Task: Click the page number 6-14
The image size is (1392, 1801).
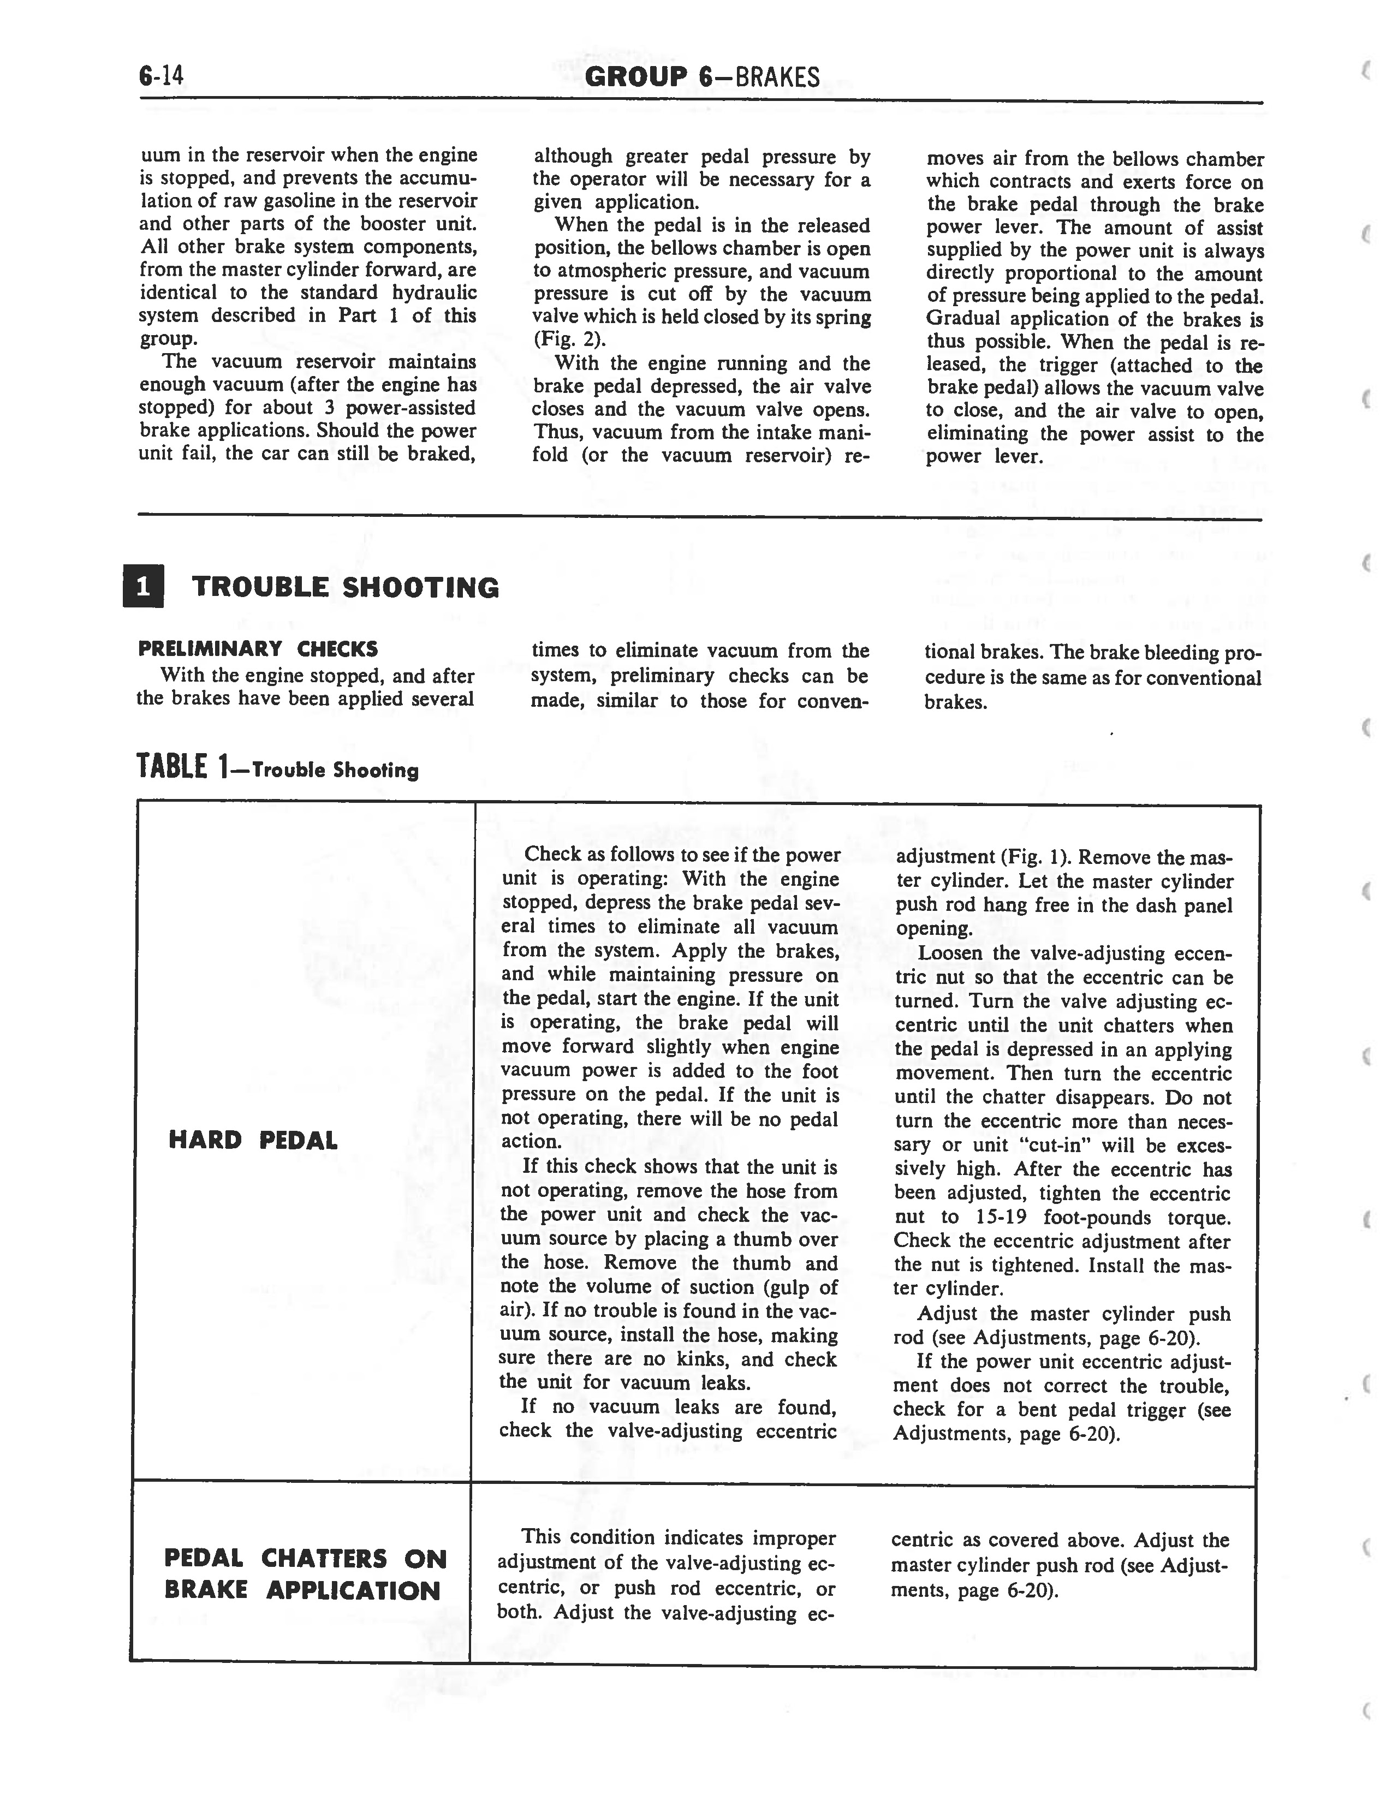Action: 162,77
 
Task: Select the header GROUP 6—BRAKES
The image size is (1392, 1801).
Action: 702,77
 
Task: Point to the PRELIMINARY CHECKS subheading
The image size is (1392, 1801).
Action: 258,649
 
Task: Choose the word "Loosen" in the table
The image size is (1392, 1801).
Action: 950,953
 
